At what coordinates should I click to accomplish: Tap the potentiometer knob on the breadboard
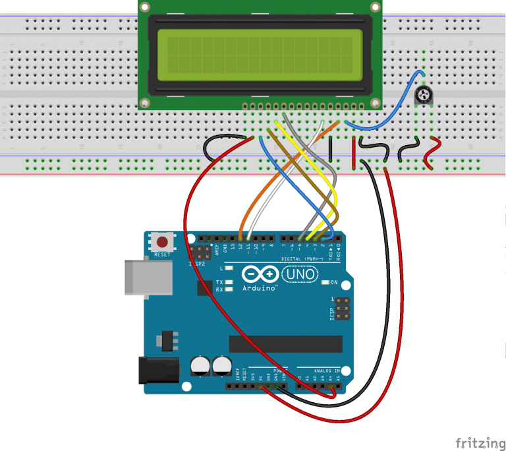[424, 98]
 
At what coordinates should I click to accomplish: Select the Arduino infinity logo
[258, 274]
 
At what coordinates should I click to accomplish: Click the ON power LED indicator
[325, 283]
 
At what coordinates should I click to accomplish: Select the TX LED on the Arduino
[229, 282]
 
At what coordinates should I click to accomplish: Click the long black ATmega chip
[285, 344]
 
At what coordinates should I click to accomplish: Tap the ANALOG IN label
[327, 371]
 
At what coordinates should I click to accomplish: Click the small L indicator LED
[229, 268]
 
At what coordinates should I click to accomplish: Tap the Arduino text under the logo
[260, 288]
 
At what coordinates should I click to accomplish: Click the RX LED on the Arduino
[229, 289]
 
